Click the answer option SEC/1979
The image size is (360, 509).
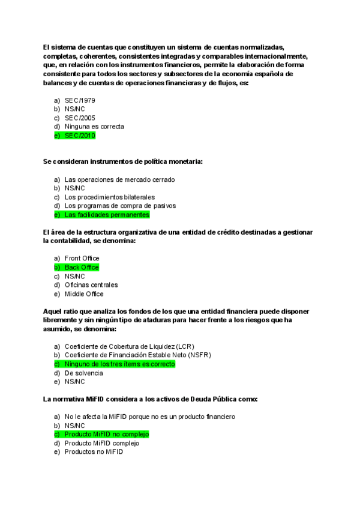pyautogui.click(x=80, y=100)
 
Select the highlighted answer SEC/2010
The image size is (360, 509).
pyautogui.click(x=80, y=136)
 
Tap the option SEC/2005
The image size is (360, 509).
pyautogui.click(x=80, y=118)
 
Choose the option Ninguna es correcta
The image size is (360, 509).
pyautogui.click(x=94, y=127)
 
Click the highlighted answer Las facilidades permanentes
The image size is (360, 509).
pyautogui.click(x=107, y=215)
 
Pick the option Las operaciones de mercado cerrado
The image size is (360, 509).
pyautogui.click(x=119, y=179)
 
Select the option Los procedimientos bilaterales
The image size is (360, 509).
pyautogui.click(x=109, y=197)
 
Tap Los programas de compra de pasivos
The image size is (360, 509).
pyautogui.click(x=120, y=206)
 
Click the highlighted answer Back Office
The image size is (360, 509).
pyautogui.click(x=82, y=268)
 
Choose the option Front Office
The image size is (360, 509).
pyautogui.click(x=82, y=259)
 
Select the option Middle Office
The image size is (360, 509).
pyautogui.click(x=84, y=294)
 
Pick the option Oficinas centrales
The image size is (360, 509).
pyautogui.click(x=91, y=285)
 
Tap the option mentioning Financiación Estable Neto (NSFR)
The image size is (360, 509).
pyautogui.click(x=134, y=355)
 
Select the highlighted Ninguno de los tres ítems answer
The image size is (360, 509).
pyautogui.click(x=119, y=364)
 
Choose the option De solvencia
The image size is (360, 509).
pyautogui.click(x=83, y=373)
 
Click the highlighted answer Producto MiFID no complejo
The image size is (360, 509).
pyautogui.click(x=106, y=435)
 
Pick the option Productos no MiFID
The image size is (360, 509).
pyautogui.click(x=94, y=452)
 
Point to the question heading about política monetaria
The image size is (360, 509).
pyautogui.click(x=122, y=162)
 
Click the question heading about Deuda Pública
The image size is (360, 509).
pyautogui.click(x=150, y=399)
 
